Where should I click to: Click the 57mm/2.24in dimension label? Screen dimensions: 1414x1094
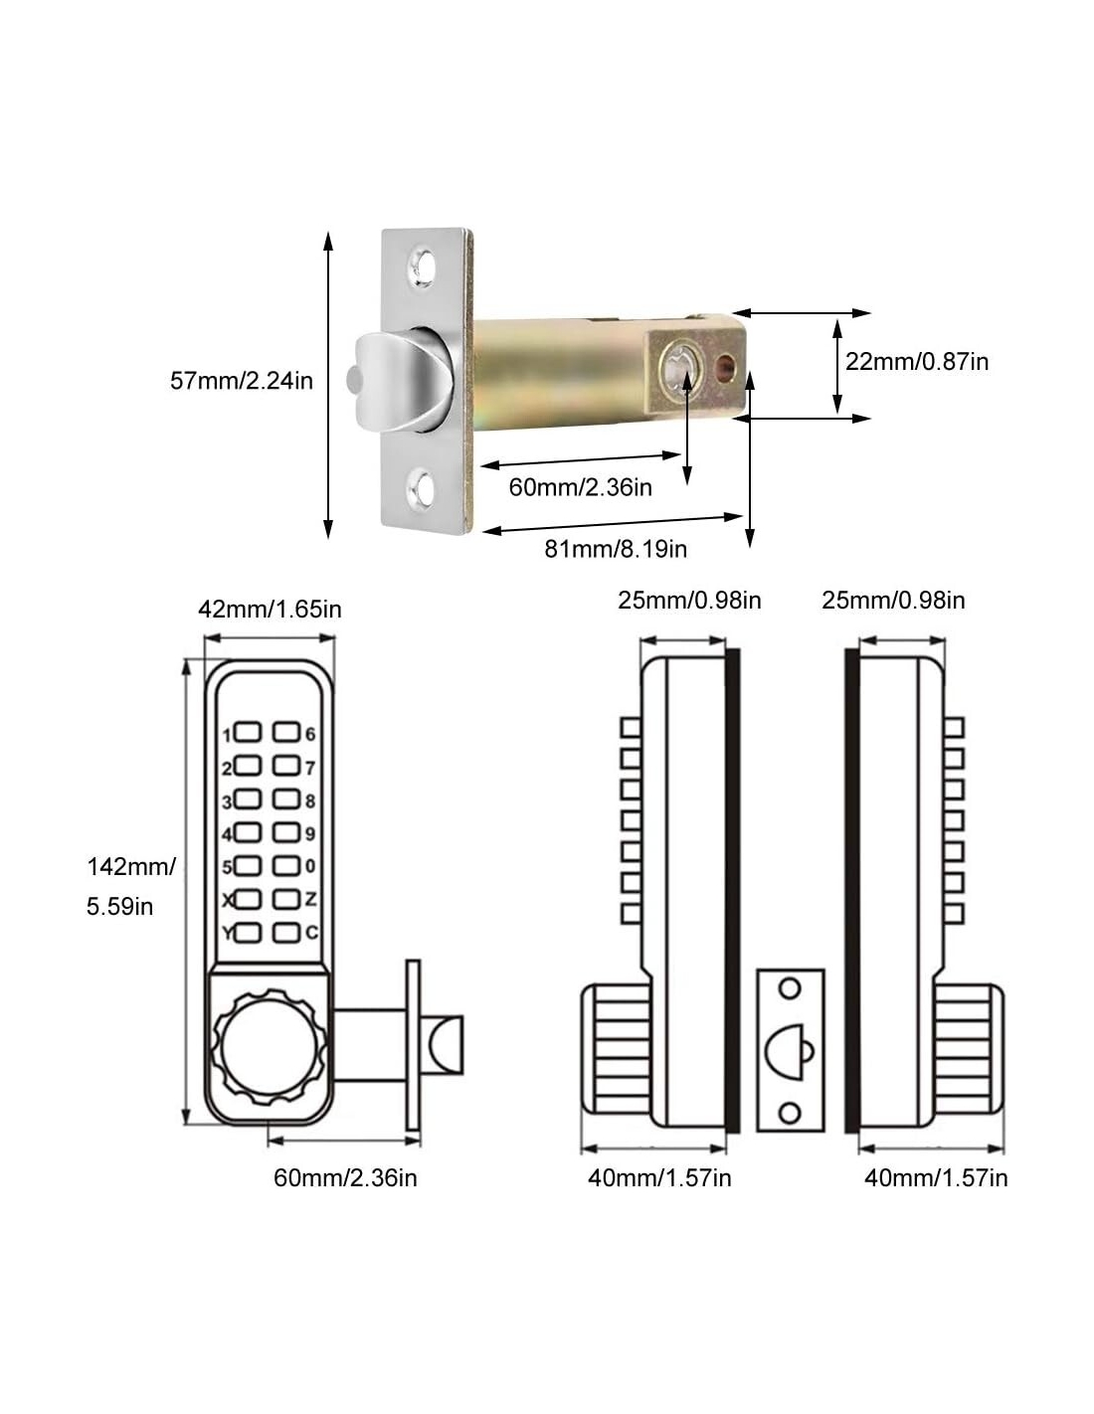[242, 380]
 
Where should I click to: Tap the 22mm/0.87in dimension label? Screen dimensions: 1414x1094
[917, 361]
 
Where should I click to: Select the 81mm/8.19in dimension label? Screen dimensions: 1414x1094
[616, 548]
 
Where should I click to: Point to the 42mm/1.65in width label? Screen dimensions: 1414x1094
[270, 609]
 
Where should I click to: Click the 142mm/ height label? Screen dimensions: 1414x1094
[131, 866]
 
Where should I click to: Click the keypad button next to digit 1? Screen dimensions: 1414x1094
[248, 734]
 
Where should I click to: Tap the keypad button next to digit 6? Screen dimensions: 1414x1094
[286, 734]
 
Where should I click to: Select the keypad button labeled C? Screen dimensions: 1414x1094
[286, 933]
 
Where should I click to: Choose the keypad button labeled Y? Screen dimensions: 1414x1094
[248, 933]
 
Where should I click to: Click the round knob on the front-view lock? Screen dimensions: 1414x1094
[262, 1049]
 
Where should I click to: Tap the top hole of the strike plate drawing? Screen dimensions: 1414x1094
[790, 988]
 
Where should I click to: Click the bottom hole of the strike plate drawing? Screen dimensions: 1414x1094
[790, 1111]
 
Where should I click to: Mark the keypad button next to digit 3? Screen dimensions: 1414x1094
[248, 800]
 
